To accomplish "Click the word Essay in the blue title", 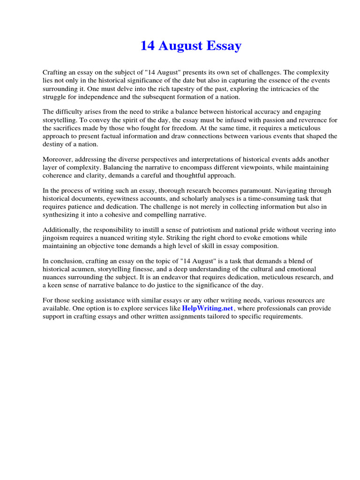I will pos(224,46).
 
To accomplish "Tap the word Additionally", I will pos(61,230).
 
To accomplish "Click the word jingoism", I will pos(56,238).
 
